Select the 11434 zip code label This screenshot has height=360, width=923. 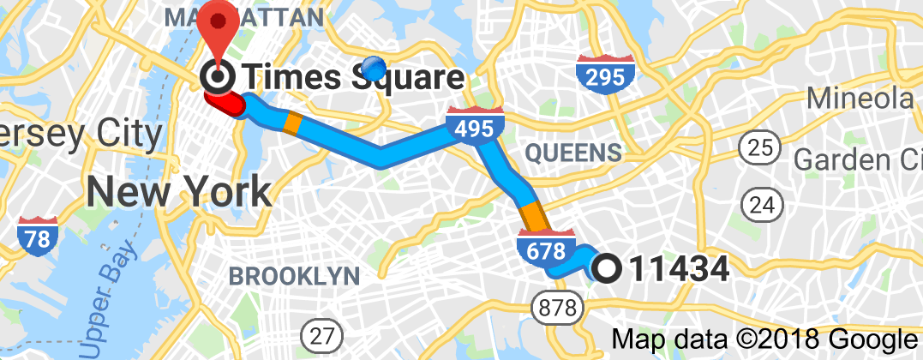(x=679, y=269)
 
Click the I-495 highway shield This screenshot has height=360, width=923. (x=474, y=126)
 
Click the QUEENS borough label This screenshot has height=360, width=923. (x=573, y=153)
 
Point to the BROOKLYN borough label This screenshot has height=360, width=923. (x=293, y=276)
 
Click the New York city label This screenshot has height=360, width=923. (x=179, y=190)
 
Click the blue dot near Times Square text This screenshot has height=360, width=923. (x=375, y=66)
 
